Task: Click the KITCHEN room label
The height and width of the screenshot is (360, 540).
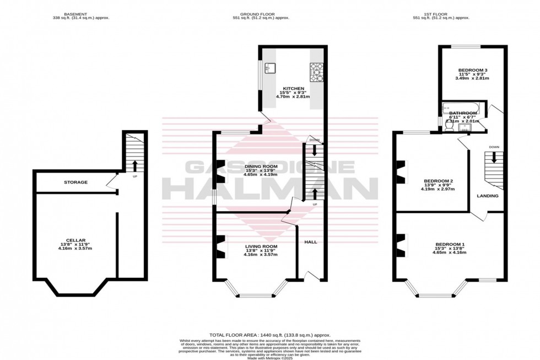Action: (x=294, y=88)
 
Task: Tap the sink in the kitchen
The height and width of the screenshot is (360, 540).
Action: (x=271, y=68)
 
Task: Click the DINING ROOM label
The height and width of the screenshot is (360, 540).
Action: (x=261, y=166)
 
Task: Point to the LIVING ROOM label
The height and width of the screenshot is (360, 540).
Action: (x=261, y=246)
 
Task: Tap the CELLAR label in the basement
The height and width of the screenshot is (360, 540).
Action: (x=75, y=240)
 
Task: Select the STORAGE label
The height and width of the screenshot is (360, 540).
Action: (x=75, y=182)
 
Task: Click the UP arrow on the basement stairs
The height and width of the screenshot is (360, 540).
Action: (x=134, y=165)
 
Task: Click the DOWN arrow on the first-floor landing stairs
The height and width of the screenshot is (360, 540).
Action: (x=494, y=157)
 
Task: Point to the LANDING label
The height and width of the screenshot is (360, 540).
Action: (x=488, y=196)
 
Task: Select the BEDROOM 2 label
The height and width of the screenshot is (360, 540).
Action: (x=438, y=181)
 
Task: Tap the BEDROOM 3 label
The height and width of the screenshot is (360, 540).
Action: (x=472, y=70)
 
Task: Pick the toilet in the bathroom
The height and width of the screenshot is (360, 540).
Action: (x=449, y=126)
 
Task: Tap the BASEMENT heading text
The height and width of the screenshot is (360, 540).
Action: (x=75, y=13)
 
